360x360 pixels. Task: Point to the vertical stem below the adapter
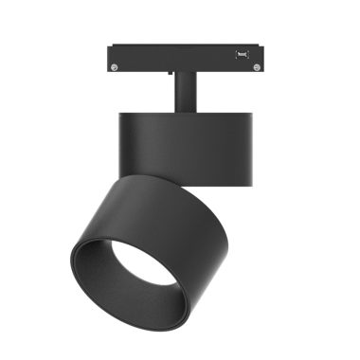point(186,92)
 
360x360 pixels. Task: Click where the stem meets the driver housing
point(186,111)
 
